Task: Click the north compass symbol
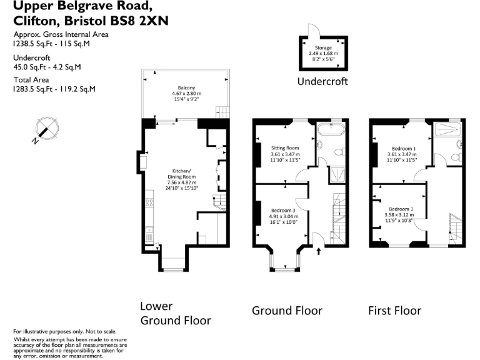[46, 129]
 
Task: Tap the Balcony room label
[186, 87]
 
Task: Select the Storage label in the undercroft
[323, 47]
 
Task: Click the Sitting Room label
[285, 148]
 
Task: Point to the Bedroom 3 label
[283, 210]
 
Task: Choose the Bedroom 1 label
[402, 149]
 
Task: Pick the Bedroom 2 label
[399, 209]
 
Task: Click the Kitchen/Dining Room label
[181, 174]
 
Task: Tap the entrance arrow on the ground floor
[319, 251]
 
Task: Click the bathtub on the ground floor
[331, 130]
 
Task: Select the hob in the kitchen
[149, 202]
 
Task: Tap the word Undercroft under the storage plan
[322, 81]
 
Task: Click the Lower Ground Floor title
[176, 313]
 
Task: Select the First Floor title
[394, 311]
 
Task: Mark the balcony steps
[222, 112]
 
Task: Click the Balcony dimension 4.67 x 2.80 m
[187, 93]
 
